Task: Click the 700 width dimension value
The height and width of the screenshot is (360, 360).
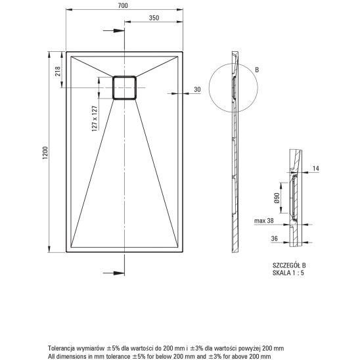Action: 123,5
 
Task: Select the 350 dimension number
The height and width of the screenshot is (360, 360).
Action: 154,18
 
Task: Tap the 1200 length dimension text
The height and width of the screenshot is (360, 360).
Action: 45,153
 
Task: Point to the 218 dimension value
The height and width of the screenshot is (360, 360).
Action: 57,71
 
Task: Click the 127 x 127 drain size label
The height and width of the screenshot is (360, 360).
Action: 95,118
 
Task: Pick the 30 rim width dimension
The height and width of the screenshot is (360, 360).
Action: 197,89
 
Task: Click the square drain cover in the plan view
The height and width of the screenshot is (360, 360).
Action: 124,88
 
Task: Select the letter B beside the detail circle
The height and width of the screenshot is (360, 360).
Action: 257,70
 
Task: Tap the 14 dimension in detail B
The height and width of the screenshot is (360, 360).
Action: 316,168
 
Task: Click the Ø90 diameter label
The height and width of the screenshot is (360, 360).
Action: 277,198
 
